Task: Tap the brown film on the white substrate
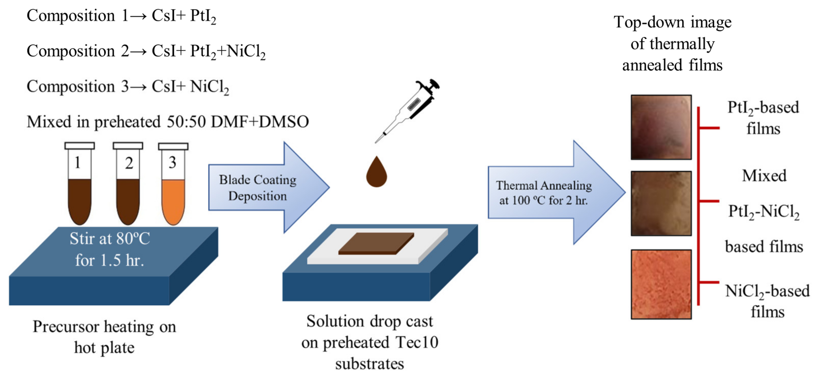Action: coord(376,243)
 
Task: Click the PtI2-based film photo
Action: coord(661,127)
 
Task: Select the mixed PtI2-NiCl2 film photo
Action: coord(661,204)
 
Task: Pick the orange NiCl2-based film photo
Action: coord(661,284)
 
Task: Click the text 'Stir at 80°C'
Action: coord(110,239)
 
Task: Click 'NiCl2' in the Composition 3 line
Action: coord(209,87)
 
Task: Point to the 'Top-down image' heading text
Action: coord(672,22)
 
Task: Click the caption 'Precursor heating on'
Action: coord(104,327)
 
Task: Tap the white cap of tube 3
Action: coord(173,146)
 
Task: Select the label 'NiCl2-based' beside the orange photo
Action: coord(767,291)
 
